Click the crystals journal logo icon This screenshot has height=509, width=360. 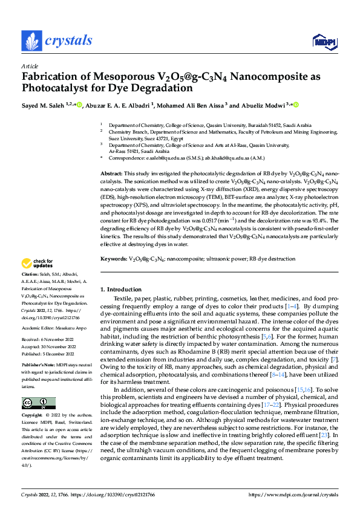click(30, 41)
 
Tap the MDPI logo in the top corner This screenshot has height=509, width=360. click(321, 41)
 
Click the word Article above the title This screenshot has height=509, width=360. click(30, 66)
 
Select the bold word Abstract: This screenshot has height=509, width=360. click(112, 173)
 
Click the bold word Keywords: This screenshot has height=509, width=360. click(114, 259)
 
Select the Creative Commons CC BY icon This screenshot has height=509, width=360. click(39, 403)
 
